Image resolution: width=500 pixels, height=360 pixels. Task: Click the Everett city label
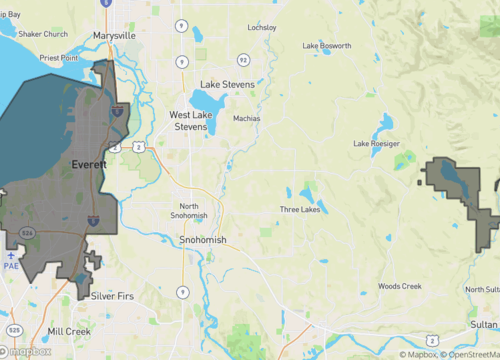pyautogui.click(x=90, y=165)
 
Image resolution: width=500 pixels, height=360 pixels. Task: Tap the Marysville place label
pyautogui.click(x=113, y=35)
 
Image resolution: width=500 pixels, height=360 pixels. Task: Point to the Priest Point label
pyautogui.click(x=58, y=59)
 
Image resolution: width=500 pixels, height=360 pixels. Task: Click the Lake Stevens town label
pyautogui.click(x=227, y=85)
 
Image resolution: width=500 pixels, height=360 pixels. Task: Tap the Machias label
pyautogui.click(x=246, y=118)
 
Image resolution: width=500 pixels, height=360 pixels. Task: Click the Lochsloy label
pyautogui.click(x=261, y=27)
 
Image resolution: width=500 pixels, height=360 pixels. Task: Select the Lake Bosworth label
pyautogui.click(x=327, y=46)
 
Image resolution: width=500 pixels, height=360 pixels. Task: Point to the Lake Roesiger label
pyautogui.click(x=377, y=143)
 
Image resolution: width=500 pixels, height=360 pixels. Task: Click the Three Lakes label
pyautogui.click(x=299, y=209)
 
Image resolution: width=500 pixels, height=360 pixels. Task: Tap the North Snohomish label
pyautogui.click(x=189, y=211)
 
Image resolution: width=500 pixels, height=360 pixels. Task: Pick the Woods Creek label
pyautogui.click(x=399, y=287)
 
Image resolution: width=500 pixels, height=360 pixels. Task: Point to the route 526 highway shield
pyautogui.click(x=28, y=233)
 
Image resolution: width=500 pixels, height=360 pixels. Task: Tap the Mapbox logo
pyautogui.click(x=26, y=351)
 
